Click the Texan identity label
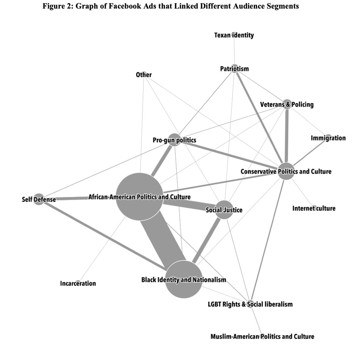(234, 35)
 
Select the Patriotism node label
(234, 68)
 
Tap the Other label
(144, 75)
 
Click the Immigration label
(328, 138)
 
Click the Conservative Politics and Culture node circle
(286, 171)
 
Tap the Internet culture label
(314, 208)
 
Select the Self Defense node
(39, 199)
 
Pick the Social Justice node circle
(224, 210)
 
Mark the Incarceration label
(78, 283)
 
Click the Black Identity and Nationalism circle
(184, 280)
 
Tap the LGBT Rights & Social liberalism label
(250, 304)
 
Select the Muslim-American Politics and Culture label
(262, 336)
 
